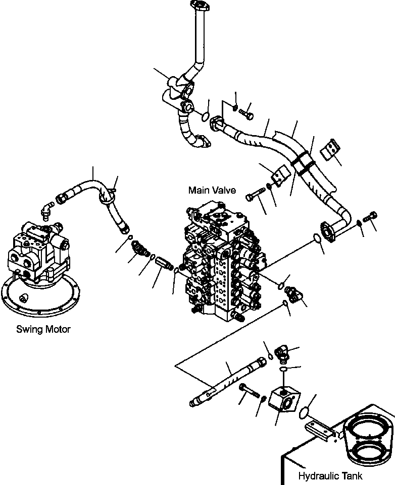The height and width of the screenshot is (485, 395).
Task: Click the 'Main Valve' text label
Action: pyautogui.click(x=212, y=190)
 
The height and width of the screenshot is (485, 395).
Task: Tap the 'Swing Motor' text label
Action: pyautogui.click(x=43, y=329)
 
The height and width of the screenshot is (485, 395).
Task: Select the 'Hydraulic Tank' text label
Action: pyautogui.click(x=330, y=476)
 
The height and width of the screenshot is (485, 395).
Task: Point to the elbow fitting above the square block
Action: pyautogui.click(x=281, y=352)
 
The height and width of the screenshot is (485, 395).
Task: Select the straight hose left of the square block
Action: pyautogui.click(x=227, y=381)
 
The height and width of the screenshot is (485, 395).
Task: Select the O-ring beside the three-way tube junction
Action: pyautogui.click(x=205, y=116)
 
